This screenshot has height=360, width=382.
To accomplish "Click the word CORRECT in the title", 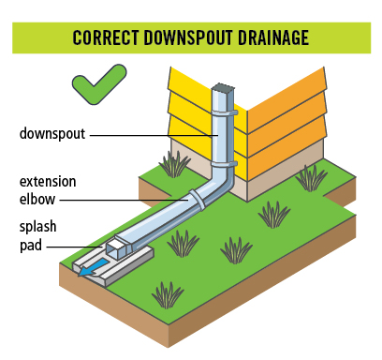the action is [x=105, y=37].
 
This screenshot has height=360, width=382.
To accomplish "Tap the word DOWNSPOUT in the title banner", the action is [x=188, y=37].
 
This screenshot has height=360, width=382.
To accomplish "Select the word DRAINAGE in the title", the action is [x=273, y=37].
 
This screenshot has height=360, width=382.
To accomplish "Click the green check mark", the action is [x=99, y=84].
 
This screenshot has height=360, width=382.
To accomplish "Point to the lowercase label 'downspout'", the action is [x=52, y=134].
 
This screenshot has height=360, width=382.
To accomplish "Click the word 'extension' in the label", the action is [x=48, y=182].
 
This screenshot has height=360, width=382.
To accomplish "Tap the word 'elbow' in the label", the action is [x=37, y=199].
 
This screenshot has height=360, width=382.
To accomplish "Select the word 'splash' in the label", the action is [x=37, y=227].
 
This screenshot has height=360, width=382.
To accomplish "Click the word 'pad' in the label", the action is [x=31, y=246].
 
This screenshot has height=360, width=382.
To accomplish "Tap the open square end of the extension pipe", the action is [x=115, y=249].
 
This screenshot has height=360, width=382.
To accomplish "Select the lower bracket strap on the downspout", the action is [x=224, y=164].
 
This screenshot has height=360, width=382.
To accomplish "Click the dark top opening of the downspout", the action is [x=223, y=86].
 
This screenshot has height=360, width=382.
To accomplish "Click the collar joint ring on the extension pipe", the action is [x=197, y=200].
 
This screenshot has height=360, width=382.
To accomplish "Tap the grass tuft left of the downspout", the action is [x=174, y=165].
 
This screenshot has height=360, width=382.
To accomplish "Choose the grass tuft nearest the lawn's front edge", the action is [x=168, y=295].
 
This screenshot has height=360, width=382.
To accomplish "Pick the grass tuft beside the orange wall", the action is [x=311, y=178].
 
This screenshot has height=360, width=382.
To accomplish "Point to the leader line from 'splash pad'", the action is [x=75, y=247].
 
